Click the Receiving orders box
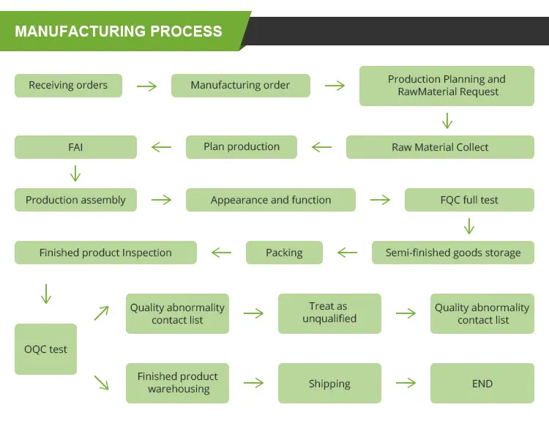coord(68,86)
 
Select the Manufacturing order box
coord(240,86)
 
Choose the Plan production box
coord(242,147)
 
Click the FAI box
coord(75,147)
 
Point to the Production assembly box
coord(75,200)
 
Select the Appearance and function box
coord(271,200)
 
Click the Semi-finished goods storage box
coord(453,253)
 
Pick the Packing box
coord(284,253)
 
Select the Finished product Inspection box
coord(105,253)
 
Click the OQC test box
coord(45,349)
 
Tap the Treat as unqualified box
coord(329,313)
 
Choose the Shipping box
coord(329,384)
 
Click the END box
coord(482,384)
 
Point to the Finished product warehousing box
coord(178,383)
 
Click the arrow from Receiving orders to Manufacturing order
coord(147,86)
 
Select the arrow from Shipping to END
coord(406,383)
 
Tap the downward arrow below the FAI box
coord(75,174)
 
